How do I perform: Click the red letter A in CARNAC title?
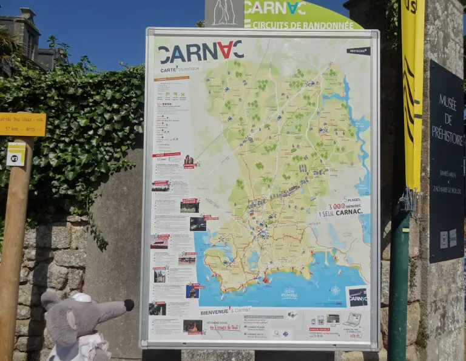click(x=225, y=51)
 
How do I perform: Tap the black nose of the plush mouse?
click(x=129, y=305)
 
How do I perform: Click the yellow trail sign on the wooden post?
click(x=22, y=124)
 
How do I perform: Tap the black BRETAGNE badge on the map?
click(x=359, y=51)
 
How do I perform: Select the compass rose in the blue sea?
click(x=335, y=290)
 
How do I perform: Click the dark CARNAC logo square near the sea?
click(x=357, y=296)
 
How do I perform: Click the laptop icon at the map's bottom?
click(x=353, y=319)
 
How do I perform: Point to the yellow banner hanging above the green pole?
click(x=413, y=91)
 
